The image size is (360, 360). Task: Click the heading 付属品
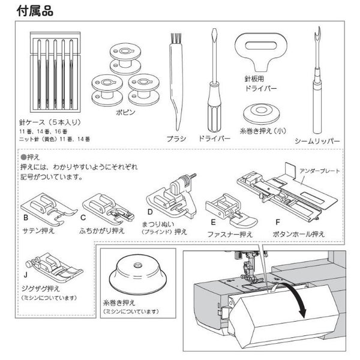35,11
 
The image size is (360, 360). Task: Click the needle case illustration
55,72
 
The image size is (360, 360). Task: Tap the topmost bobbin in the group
125,59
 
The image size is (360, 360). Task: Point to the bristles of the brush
176,38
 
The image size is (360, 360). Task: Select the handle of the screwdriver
214,107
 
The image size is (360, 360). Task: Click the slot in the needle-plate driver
261,45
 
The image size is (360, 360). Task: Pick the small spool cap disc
261,113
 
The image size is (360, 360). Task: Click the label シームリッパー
317,141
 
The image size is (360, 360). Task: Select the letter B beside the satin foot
26,218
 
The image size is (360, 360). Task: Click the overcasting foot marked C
108,209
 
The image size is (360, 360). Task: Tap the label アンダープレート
319,171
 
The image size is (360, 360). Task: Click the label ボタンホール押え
298,234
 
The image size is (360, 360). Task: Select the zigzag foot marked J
54,266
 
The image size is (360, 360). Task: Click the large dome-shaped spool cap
138,274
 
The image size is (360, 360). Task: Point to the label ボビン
125,112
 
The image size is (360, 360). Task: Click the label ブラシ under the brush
176,139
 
